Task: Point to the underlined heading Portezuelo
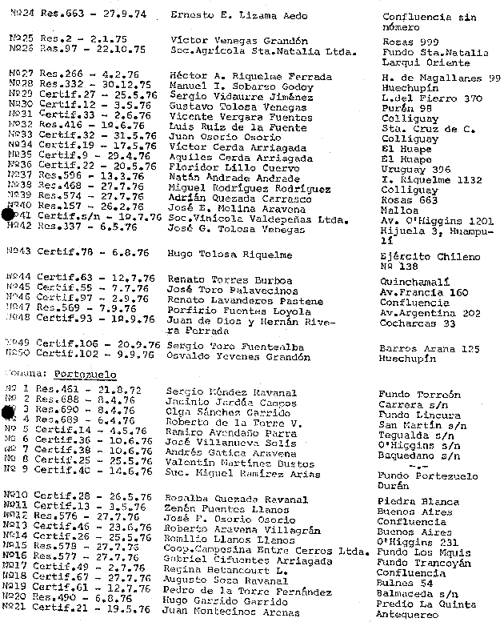(x=85, y=374)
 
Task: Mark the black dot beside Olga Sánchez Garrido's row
(x=10, y=412)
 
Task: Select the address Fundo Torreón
(x=421, y=394)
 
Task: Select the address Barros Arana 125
(x=428, y=349)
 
